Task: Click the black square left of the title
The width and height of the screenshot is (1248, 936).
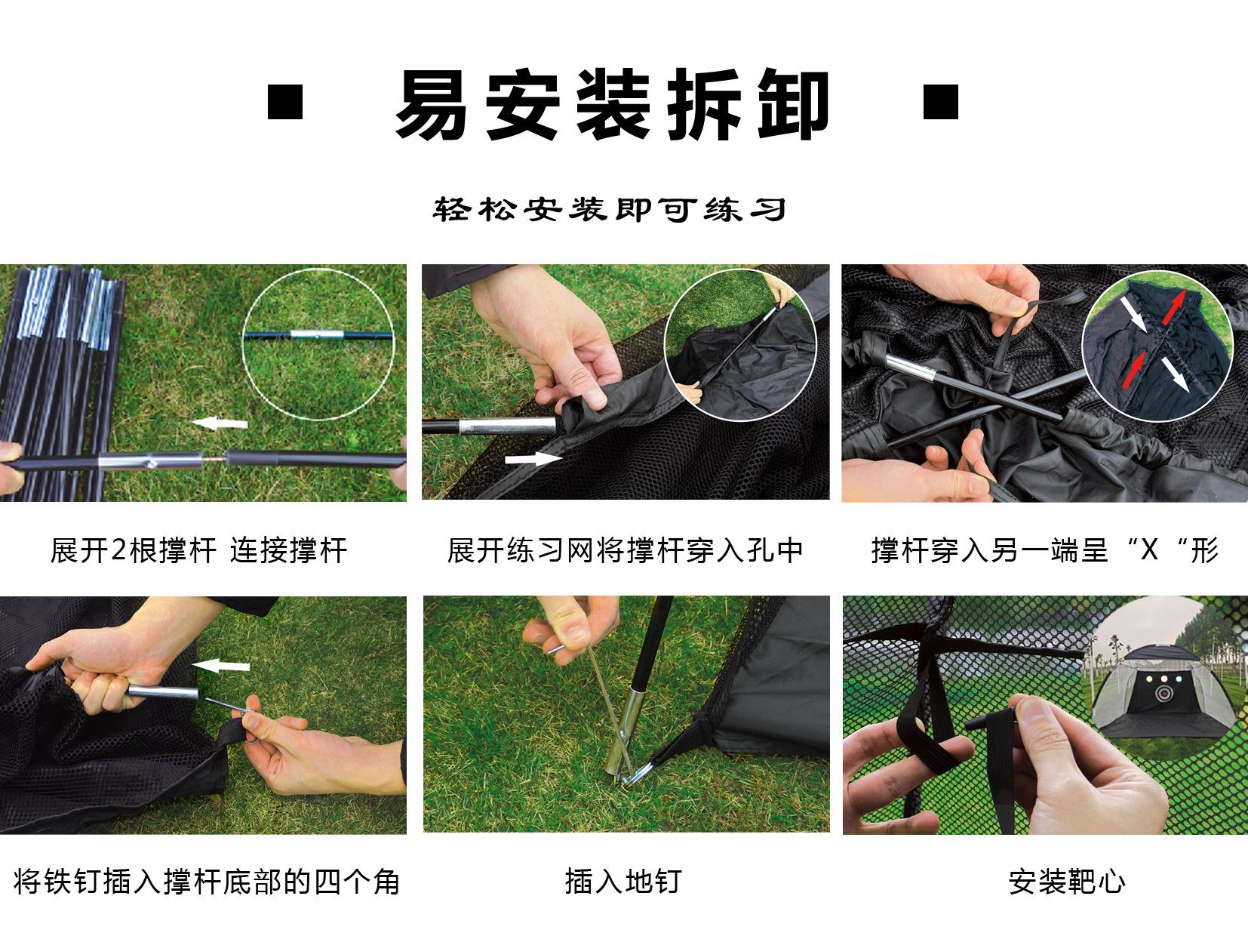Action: pos(285,102)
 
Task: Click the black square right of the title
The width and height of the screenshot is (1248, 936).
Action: pos(940,102)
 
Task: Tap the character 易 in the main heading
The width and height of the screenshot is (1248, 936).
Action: pos(432,105)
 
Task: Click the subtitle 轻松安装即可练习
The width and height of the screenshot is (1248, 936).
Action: pos(610,209)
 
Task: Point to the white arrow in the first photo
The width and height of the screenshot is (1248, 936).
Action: pos(220,423)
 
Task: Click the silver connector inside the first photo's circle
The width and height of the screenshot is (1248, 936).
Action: pos(317,334)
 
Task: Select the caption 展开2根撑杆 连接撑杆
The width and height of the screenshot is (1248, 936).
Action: pos(199,550)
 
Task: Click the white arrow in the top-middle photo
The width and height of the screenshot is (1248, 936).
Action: pos(533,458)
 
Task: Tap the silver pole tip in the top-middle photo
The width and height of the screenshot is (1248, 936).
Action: pos(506,425)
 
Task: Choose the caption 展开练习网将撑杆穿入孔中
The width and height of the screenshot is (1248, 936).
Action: pos(626,550)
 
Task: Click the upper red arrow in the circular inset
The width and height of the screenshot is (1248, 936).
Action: pos(1173,308)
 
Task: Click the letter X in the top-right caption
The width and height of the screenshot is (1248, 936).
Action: pos(1149,550)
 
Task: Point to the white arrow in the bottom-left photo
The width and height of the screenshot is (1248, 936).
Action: pos(220,665)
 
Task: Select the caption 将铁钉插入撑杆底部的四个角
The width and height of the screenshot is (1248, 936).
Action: pos(207,882)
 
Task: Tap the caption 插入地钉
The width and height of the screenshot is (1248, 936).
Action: pos(623,882)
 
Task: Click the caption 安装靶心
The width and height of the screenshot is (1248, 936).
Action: pos(1067,882)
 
